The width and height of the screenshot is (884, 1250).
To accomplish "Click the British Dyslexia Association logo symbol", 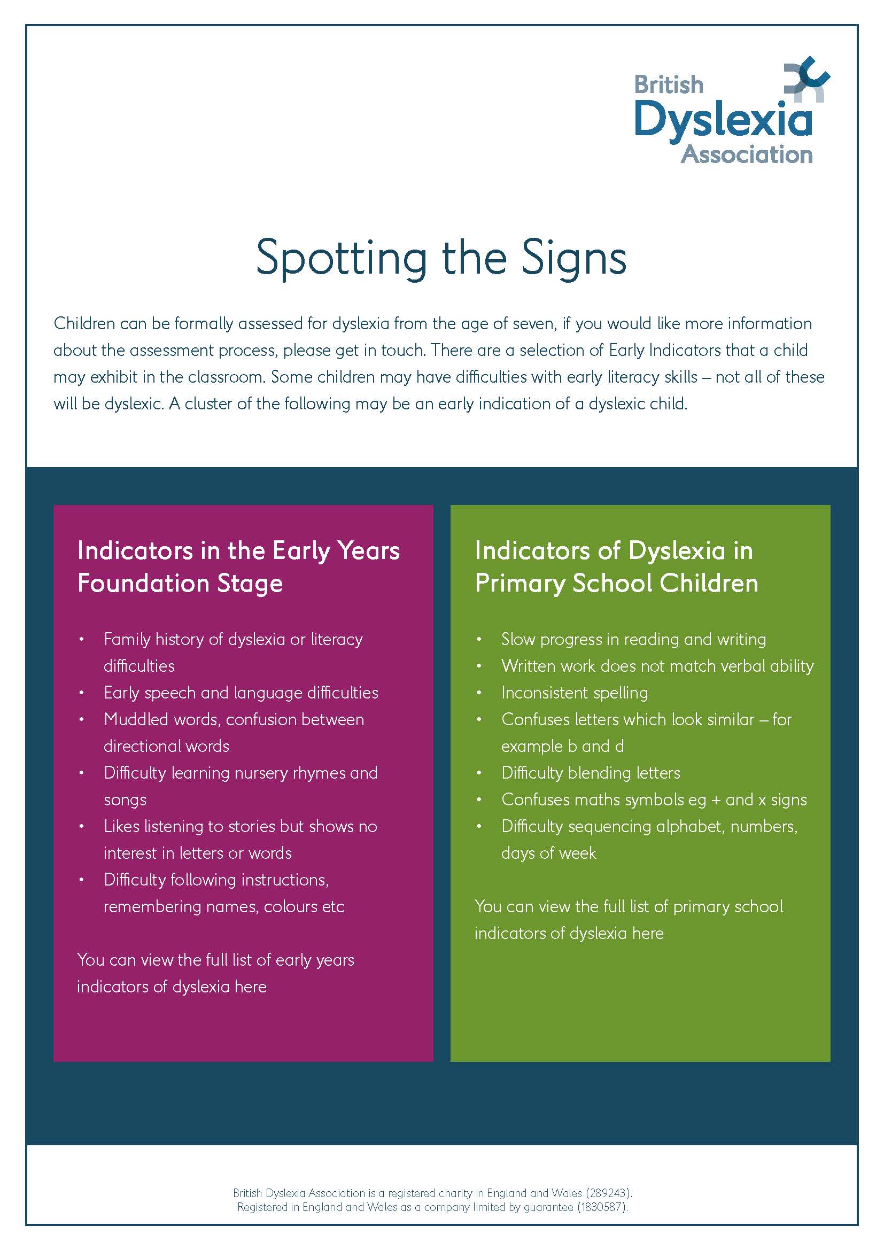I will (806, 81).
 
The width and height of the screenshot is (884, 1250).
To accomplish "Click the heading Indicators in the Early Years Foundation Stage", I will (238, 566).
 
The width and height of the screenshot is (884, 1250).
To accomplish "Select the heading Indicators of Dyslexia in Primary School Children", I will (616, 566).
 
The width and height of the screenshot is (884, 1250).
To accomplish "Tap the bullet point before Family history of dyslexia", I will (82, 639).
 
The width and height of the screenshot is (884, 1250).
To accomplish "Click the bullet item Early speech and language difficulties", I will (241, 693).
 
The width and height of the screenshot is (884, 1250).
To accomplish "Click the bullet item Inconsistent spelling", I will (574, 693).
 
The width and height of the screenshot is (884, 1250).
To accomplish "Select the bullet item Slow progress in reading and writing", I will (633, 639).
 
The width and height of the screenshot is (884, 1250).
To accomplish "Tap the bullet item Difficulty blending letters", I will (591, 773).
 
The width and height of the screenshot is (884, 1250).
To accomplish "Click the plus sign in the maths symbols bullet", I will (716, 800).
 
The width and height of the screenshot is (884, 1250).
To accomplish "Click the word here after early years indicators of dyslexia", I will (250, 987).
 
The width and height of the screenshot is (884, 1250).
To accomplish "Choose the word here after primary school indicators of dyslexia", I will (648, 933).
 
